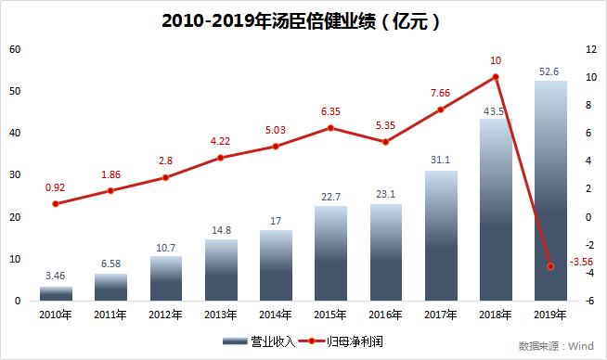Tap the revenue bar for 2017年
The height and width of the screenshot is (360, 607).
click(441, 236)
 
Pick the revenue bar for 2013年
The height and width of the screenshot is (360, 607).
click(221, 270)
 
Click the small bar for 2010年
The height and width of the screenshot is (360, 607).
click(56, 293)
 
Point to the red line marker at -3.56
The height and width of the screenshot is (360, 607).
click(550, 266)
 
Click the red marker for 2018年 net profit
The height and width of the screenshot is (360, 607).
click(496, 77)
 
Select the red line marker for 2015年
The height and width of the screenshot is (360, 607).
click(330, 128)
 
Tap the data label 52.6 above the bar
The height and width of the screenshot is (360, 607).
click(550, 71)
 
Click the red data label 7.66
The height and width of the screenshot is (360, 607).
click(441, 92)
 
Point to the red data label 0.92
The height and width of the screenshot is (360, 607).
click(56, 186)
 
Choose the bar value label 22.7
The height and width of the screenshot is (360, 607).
click(330, 196)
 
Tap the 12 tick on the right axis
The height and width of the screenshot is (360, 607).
click(591, 49)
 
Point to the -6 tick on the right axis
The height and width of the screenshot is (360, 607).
click(591, 301)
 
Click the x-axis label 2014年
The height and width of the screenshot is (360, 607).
click(276, 315)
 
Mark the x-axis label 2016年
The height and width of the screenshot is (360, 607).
click(385, 315)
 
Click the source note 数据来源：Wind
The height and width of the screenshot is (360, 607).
click(555, 346)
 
